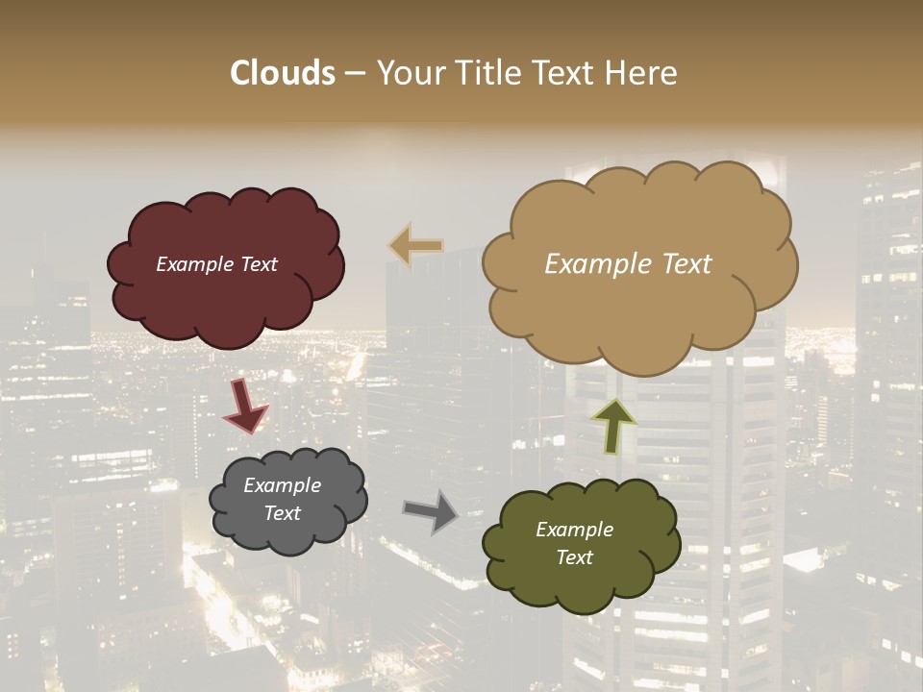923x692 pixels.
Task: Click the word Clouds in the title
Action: pyautogui.click(x=283, y=73)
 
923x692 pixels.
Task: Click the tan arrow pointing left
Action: pyautogui.click(x=415, y=246)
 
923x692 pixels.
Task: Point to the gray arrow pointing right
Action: pyautogui.click(x=431, y=510)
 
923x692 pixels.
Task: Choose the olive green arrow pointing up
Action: pyautogui.click(x=612, y=426)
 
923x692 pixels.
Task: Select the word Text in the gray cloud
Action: pyautogui.click(x=283, y=513)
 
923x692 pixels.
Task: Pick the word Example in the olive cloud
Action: pyautogui.click(x=574, y=530)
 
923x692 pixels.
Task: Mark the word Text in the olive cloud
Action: pyautogui.click(x=574, y=557)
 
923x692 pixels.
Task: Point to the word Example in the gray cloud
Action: pyautogui.click(x=283, y=485)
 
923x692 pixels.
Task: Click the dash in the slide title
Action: pyautogui.click(x=355, y=73)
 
